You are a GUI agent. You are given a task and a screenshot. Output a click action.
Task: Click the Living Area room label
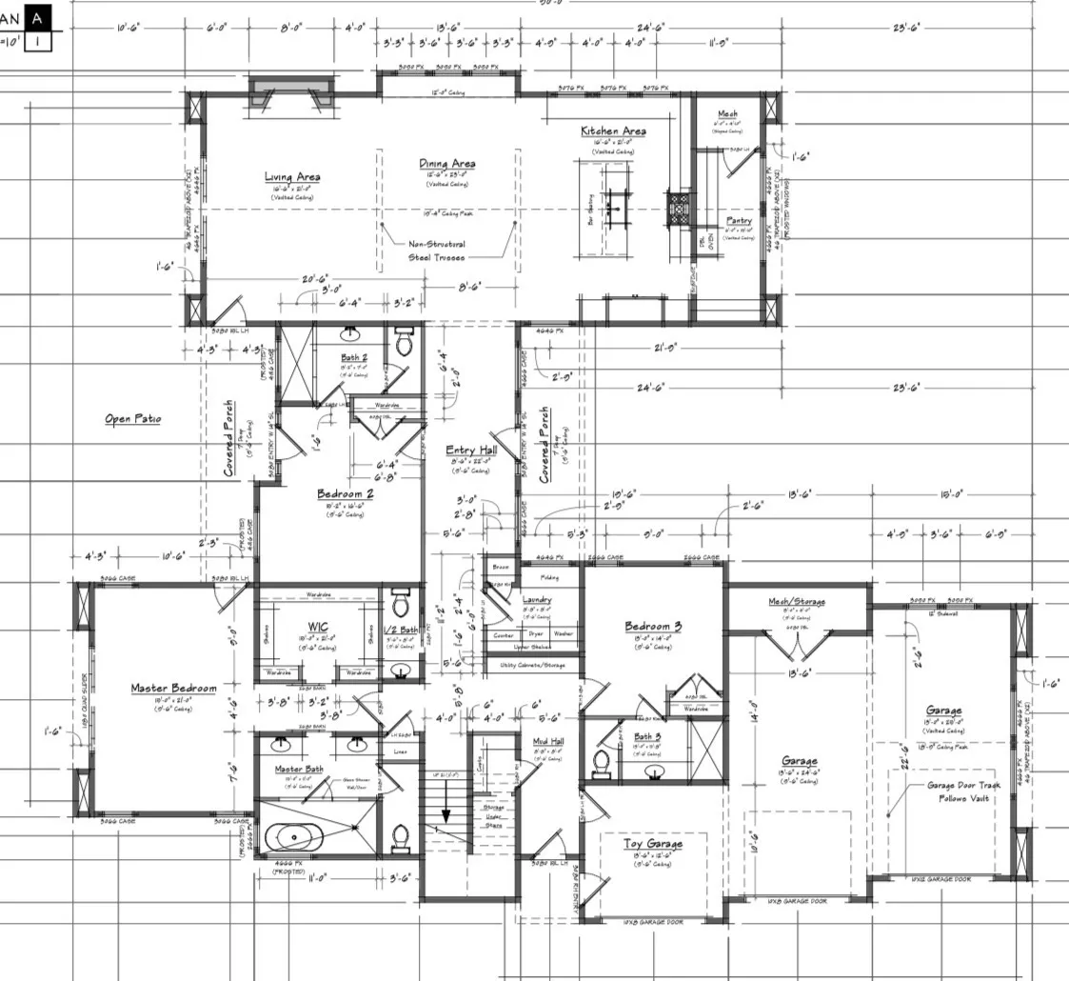pos(292,176)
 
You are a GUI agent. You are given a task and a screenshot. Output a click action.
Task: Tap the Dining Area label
pos(446,164)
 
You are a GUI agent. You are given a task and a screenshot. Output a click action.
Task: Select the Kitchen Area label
pos(614,130)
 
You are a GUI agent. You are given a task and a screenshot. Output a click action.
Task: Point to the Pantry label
pos(739,221)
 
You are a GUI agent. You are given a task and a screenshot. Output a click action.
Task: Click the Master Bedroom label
pos(173,688)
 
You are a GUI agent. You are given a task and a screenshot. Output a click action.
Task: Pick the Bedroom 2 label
pos(345,494)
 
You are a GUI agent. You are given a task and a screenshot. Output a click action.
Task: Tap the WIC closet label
pos(318,627)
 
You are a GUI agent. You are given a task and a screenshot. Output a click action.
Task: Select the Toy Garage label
pos(652,844)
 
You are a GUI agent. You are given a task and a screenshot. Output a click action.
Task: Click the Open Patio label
pos(132,418)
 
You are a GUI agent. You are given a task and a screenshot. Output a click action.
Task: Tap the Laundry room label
pos(537,599)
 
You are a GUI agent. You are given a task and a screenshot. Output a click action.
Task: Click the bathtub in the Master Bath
pos(293,838)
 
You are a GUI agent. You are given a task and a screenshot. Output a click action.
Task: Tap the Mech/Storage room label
pos(796,602)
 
